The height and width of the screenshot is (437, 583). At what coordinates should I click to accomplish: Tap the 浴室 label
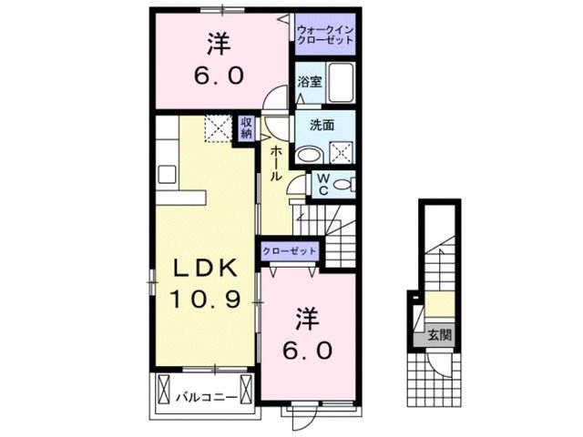[x=310, y=82]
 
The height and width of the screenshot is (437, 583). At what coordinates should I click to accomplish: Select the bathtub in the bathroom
[x=341, y=85]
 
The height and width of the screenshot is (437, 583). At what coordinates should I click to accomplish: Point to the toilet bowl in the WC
[x=343, y=185]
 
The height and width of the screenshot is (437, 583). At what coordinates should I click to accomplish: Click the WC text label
[x=322, y=185]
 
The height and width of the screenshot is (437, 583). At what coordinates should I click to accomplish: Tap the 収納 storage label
[x=246, y=128]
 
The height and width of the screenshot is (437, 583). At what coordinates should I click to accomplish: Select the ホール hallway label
[x=276, y=161]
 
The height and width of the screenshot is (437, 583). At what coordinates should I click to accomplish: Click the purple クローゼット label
[x=290, y=250]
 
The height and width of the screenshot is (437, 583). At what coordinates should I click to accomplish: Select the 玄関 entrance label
[x=439, y=335]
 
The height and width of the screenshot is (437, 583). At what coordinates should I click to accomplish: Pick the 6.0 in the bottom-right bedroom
[x=307, y=349]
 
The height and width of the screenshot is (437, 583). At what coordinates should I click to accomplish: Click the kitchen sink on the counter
[x=167, y=173]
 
